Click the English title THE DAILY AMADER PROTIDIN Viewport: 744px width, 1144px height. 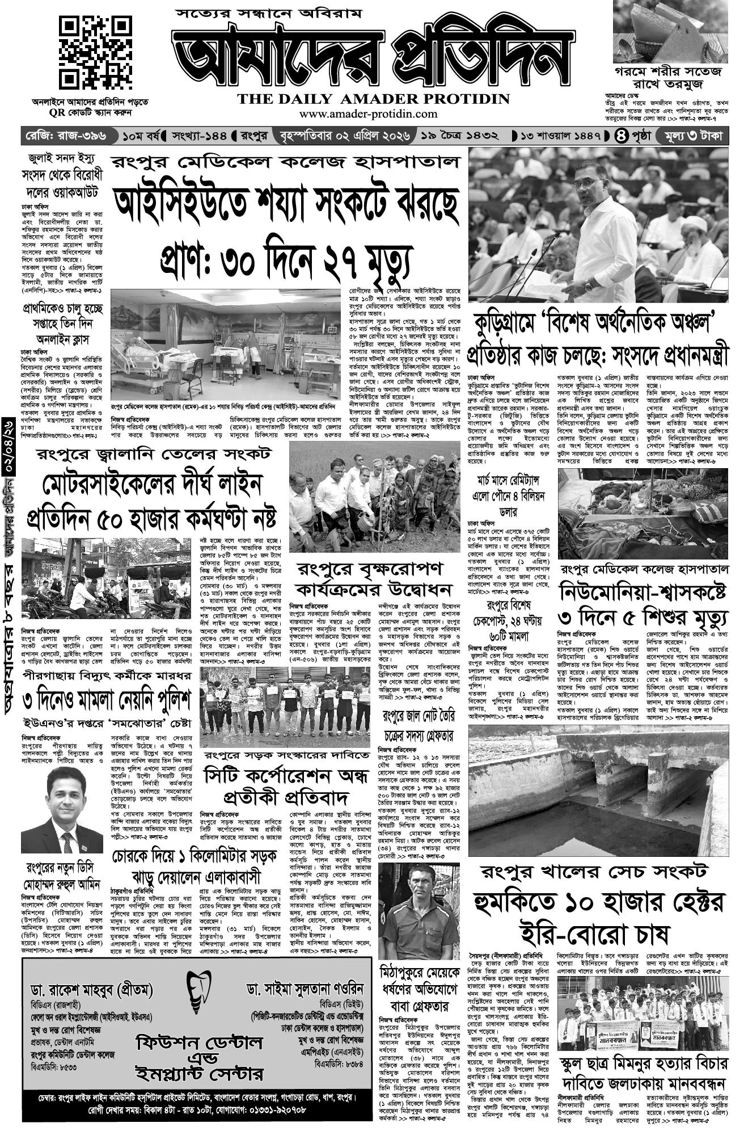point(374,99)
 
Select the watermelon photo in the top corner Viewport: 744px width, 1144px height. point(671,31)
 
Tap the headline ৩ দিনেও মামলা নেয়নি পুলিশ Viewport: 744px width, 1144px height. point(107,701)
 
